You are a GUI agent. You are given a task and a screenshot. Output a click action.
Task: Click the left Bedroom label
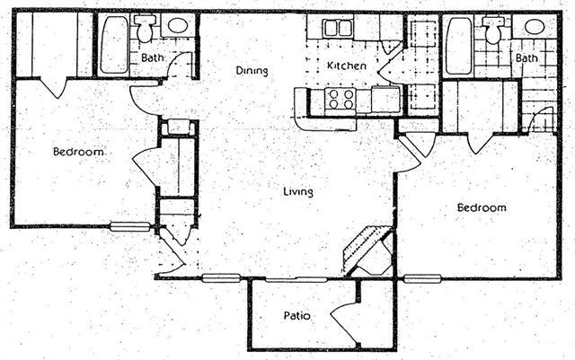pos(78,153)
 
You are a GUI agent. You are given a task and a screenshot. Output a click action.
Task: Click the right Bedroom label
pos(482,208)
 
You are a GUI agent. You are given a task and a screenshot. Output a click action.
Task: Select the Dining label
pos(252,70)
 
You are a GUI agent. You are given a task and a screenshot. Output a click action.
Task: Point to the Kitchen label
pos(345,66)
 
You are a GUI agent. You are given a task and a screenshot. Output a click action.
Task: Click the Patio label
pos(297,316)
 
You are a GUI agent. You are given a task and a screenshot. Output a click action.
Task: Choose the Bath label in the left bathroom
pos(151,59)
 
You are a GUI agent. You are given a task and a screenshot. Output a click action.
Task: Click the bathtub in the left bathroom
pos(113,45)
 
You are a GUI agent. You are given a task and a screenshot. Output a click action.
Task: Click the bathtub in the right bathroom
pos(458,45)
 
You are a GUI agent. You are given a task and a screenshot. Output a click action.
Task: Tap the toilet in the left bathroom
pos(144,31)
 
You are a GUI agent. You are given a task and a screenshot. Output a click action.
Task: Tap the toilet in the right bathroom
pos(492,31)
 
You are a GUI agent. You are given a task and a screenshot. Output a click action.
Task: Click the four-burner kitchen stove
pos(341,99)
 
